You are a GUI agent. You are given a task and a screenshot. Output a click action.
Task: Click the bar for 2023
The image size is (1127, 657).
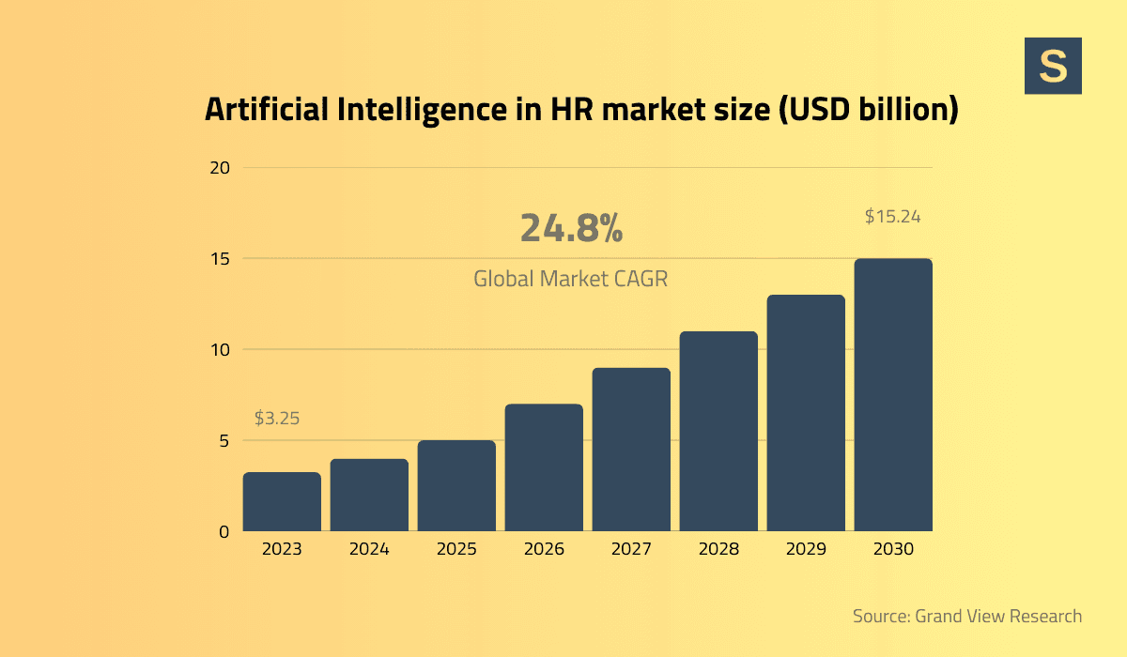(x=282, y=502)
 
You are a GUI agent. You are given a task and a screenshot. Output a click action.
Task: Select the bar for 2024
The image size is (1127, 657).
(x=369, y=495)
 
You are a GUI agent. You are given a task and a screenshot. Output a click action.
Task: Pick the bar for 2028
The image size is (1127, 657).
(x=718, y=431)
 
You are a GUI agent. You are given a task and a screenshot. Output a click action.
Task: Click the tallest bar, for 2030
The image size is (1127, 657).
(x=893, y=394)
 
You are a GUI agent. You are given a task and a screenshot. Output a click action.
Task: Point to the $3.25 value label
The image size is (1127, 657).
(x=277, y=419)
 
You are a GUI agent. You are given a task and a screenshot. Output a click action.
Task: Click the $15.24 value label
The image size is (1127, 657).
(x=892, y=216)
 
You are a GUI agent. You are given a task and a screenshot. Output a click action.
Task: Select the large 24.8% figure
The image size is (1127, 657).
(x=571, y=229)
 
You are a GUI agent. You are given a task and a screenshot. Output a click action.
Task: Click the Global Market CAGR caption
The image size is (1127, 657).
(x=570, y=279)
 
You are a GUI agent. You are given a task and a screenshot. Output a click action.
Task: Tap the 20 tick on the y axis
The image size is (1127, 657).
(x=220, y=168)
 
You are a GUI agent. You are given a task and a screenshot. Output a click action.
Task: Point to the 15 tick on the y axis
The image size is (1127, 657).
(x=220, y=259)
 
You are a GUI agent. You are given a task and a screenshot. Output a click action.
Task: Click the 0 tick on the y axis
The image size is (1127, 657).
(x=224, y=531)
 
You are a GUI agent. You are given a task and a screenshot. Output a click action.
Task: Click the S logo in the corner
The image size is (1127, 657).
(x=1053, y=66)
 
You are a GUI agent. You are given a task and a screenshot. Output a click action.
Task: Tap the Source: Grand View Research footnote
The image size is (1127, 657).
(x=966, y=617)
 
